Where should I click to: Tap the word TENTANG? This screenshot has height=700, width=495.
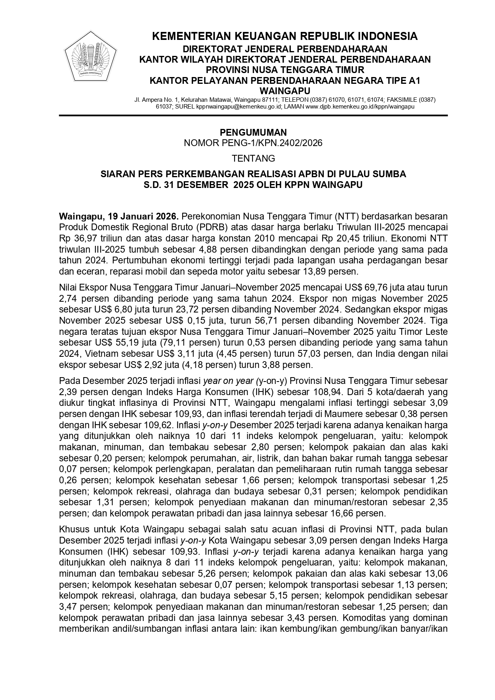coord(253,158)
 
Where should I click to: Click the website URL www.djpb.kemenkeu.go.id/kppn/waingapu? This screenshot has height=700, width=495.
coord(360,107)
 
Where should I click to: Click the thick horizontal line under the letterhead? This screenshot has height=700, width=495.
coord(253,115)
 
